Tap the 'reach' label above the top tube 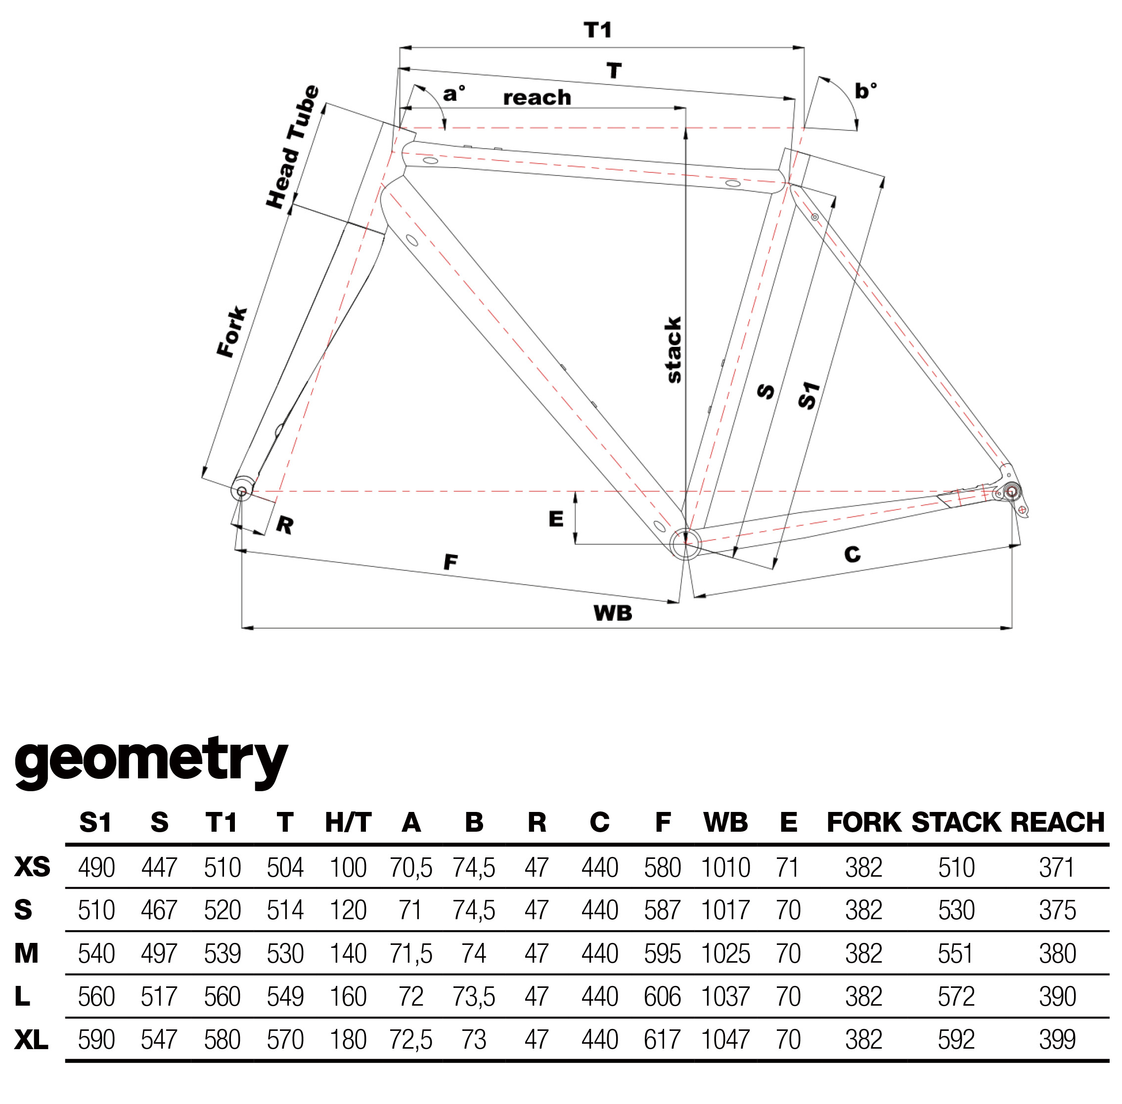click(x=537, y=97)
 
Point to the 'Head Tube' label click(x=292, y=146)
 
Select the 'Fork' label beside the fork click(x=232, y=332)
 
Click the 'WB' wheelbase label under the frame click(x=613, y=613)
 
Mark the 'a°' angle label click(x=453, y=93)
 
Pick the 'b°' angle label click(x=865, y=90)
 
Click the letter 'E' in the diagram click(x=556, y=518)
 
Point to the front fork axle click(x=242, y=491)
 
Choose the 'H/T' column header click(x=348, y=822)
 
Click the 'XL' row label click(x=31, y=1040)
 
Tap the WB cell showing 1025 click(x=725, y=954)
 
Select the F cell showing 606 click(x=662, y=997)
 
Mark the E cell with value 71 click(x=787, y=868)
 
